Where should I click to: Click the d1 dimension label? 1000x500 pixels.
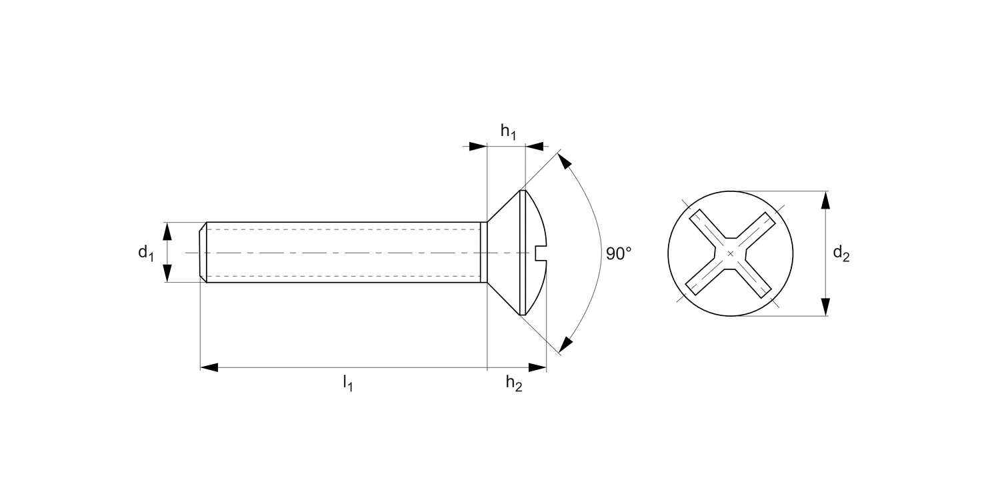click(145, 253)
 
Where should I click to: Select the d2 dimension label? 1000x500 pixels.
click(841, 253)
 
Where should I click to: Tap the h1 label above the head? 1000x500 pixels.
click(508, 132)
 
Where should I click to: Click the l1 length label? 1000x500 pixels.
click(347, 383)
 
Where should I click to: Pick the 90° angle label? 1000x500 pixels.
click(619, 253)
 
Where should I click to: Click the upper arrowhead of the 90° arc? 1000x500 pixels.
click(564, 161)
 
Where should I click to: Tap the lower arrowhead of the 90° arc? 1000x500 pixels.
click(565, 345)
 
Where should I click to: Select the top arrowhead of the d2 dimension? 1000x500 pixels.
click(825, 200)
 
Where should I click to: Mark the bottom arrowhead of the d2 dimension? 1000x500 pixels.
click(825, 306)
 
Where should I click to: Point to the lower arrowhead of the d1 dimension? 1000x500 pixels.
click(167, 273)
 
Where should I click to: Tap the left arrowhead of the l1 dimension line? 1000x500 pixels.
click(209, 367)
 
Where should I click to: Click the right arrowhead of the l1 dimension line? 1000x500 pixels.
click(537, 367)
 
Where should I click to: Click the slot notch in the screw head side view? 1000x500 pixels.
click(541, 253)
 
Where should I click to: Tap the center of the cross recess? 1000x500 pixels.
click(731, 253)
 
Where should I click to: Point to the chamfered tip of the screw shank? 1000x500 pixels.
click(203, 253)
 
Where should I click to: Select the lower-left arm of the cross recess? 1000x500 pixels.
click(706, 277)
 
